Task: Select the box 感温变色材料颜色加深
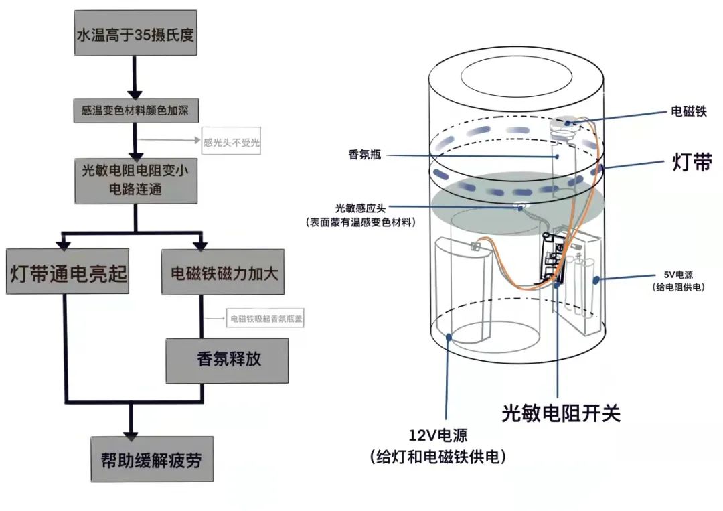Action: pyautogui.click(x=135, y=110)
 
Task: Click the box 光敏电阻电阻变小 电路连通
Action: pyautogui.click(x=136, y=181)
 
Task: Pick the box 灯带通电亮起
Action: pyautogui.click(x=68, y=272)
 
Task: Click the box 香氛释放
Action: pyautogui.click(x=228, y=360)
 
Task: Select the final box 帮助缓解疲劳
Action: pyautogui.click(x=151, y=459)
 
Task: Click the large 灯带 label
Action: pyautogui.click(x=691, y=163)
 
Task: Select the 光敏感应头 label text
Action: pyautogui.click(x=360, y=208)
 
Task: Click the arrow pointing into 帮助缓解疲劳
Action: pyautogui.click(x=132, y=426)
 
